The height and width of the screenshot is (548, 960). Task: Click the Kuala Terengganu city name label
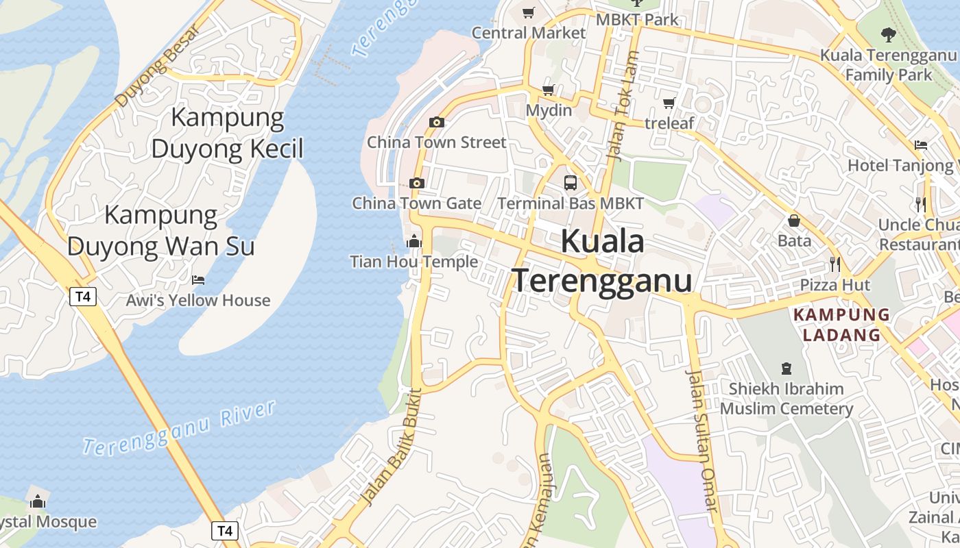(x=602, y=262)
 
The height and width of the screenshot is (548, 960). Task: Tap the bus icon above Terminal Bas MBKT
(x=571, y=183)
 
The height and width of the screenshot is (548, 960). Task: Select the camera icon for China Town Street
(x=436, y=123)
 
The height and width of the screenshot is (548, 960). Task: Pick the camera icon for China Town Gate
(x=416, y=184)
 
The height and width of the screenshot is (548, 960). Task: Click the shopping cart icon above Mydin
(x=549, y=90)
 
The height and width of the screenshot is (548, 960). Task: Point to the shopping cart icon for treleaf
(x=669, y=103)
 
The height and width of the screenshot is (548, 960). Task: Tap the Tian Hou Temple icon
(x=413, y=241)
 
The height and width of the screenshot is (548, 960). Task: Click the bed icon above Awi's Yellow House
(x=198, y=279)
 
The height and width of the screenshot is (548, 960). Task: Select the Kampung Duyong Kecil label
(x=227, y=133)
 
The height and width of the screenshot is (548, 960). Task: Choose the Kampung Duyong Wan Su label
(x=161, y=231)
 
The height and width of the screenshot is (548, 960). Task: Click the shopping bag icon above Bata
(x=794, y=221)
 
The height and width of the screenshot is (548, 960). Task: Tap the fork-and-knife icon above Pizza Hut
(x=835, y=264)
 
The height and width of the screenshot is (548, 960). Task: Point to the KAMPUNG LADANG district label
(x=841, y=325)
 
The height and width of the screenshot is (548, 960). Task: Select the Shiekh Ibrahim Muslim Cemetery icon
(x=786, y=369)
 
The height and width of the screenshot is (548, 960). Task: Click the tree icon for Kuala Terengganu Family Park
(x=888, y=34)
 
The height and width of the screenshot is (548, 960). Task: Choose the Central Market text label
(x=529, y=33)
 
